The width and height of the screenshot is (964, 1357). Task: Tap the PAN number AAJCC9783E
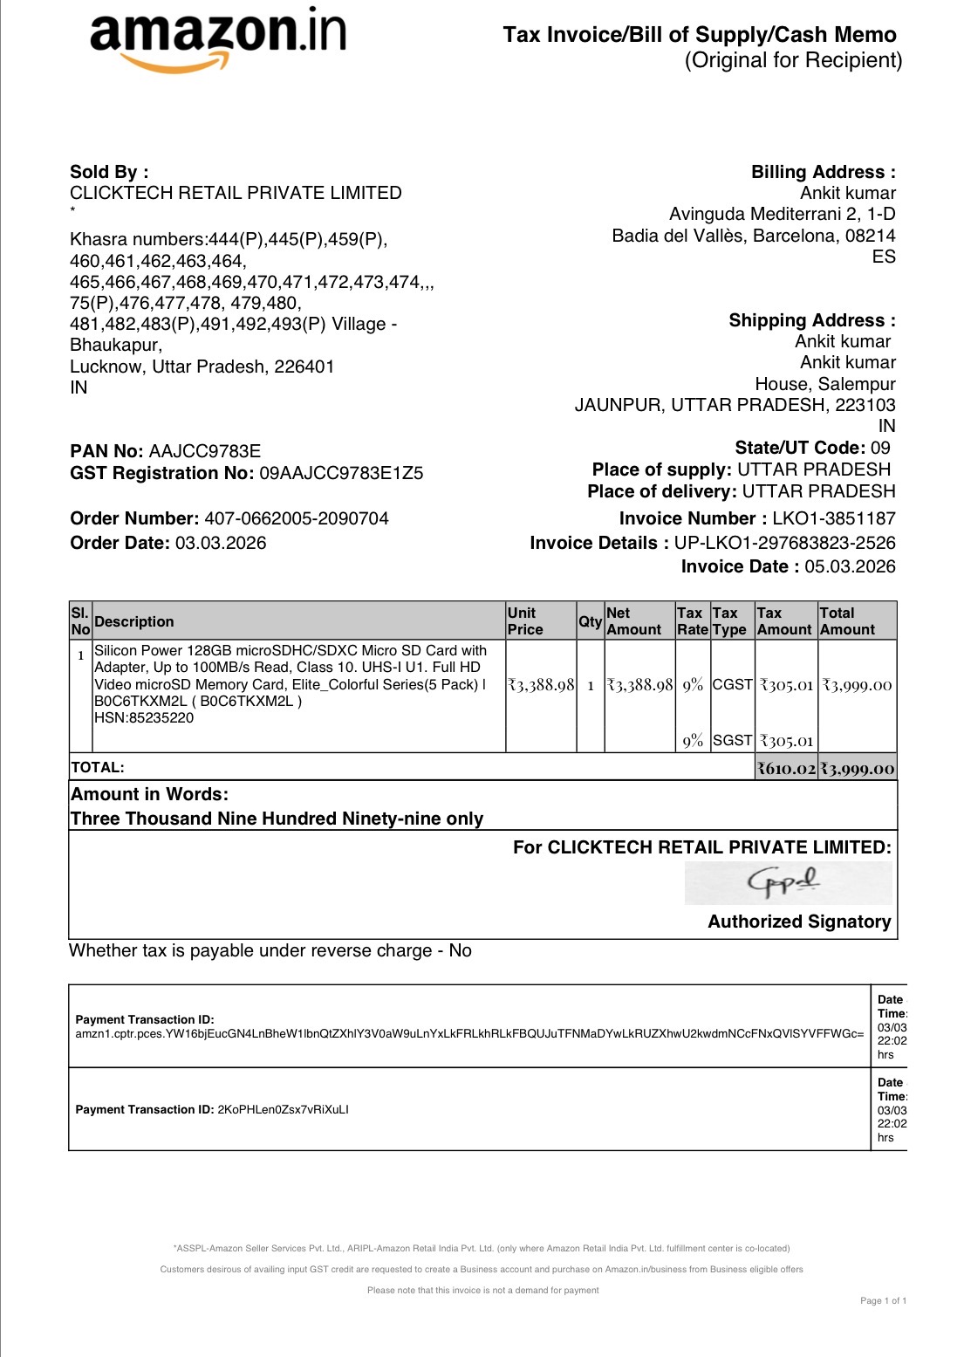click(x=205, y=451)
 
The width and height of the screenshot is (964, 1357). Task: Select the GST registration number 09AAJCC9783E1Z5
click(x=341, y=473)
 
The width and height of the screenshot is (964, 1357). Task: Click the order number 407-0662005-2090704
click(x=297, y=518)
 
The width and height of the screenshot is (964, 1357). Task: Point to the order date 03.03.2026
click(x=221, y=543)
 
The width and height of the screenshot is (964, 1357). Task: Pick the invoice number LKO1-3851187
click(x=833, y=518)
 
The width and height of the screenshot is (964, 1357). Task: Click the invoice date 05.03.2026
click(x=850, y=566)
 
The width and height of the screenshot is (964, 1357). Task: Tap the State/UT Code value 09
click(x=880, y=448)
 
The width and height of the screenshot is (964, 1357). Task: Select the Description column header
click(x=134, y=621)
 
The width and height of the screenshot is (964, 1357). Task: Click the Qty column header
click(x=591, y=621)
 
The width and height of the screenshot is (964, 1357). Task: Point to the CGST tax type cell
click(x=732, y=684)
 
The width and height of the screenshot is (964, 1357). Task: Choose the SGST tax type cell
click(x=732, y=740)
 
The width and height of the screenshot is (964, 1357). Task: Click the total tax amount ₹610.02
click(x=786, y=769)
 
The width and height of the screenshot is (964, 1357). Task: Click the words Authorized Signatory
click(x=799, y=922)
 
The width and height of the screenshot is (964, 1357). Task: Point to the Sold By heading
click(x=109, y=172)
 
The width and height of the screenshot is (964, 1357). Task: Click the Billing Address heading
click(x=823, y=172)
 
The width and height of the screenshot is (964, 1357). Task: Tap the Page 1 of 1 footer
click(x=883, y=1300)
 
